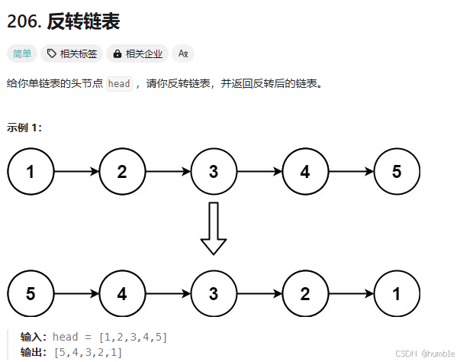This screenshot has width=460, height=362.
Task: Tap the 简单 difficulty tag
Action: tap(22, 53)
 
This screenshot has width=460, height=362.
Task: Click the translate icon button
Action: tap(183, 53)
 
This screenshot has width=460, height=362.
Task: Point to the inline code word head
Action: tap(118, 83)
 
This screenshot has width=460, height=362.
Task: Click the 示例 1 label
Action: tap(24, 128)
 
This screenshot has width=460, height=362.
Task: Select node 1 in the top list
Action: tap(31, 171)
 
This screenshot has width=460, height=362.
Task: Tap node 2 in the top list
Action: tap(122, 171)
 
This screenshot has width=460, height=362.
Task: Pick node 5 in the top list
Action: tap(397, 171)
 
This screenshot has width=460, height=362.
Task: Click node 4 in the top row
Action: tap(305, 171)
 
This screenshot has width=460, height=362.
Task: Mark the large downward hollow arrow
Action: tap(214, 228)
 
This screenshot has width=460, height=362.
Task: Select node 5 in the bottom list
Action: tap(31, 293)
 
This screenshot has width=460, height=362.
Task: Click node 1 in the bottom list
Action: tap(397, 293)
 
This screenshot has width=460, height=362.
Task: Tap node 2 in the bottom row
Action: tap(305, 293)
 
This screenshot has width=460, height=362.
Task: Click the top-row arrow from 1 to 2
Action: tap(76, 171)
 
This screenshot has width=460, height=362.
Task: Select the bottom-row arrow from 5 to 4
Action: tap(76, 293)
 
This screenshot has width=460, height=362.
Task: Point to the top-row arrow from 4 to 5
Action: tap(351, 171)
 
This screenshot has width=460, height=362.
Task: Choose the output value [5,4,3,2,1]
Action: tap(88, 351)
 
